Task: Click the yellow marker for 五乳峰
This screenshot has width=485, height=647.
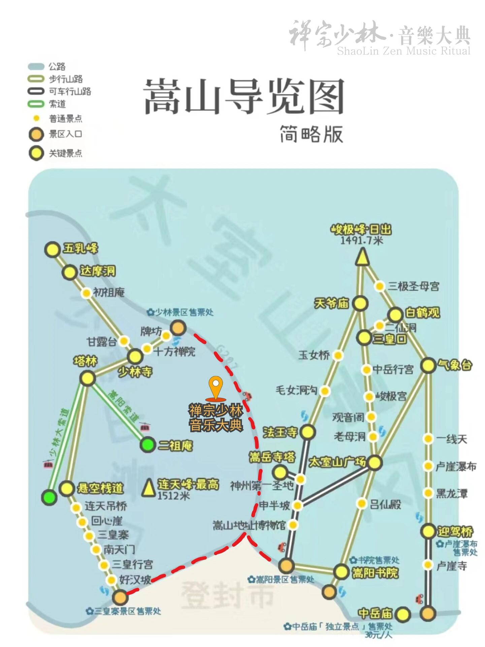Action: (x=53, y=250)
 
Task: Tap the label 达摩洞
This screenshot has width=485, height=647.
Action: (x=98, y=271)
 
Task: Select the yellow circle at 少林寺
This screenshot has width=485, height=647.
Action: (x=135, y=356)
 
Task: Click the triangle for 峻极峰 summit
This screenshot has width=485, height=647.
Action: (x=361, y=256)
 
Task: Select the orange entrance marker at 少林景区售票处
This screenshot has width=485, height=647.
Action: (x=178, y=327)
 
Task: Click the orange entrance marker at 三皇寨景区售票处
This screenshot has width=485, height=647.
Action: (x=120, y=597)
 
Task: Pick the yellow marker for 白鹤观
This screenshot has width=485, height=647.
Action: (x=395, y=315)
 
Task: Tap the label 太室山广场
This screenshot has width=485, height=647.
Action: (x=337, y=461)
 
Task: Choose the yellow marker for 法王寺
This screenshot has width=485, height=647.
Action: (x=308, y=432)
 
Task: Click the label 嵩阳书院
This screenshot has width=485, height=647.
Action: (x=375, y=573)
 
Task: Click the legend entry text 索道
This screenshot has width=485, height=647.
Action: (x=58, y=104)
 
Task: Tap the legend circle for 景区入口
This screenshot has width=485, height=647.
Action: (x=36, y=134)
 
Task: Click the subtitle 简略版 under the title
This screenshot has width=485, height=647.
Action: (x=311, y=134)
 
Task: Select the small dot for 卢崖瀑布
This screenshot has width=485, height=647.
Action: (x=428, y=466)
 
